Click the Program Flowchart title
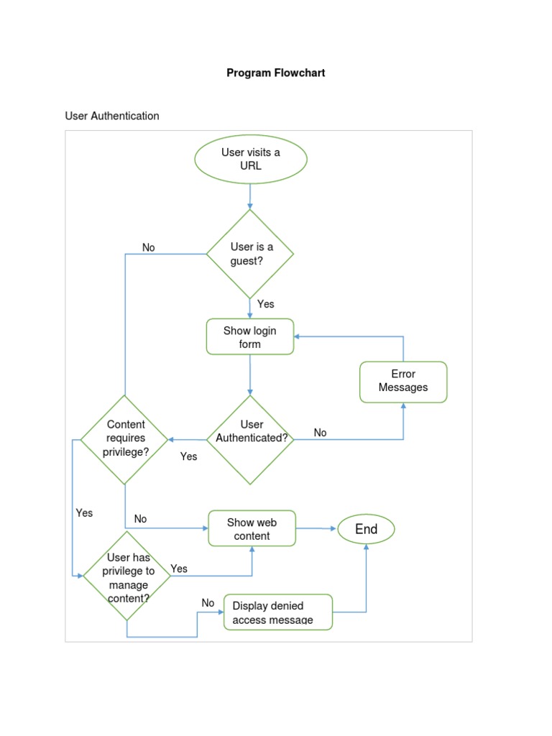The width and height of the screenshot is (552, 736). click(x=276, y=73)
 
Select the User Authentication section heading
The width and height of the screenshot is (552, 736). click(x=112, y=116)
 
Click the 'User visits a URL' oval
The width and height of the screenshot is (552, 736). click(x=251, y=159)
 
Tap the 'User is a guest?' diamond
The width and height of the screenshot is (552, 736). click(x=250, y=254)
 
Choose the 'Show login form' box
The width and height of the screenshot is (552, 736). click(x=250, y=337)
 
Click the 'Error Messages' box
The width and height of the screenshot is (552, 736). click(x=403, y=381)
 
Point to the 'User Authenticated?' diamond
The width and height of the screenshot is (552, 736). click(x=250, y=438)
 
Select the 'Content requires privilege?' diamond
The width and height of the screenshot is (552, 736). click(x=125, y=438)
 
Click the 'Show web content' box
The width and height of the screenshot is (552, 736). click(x=252, y=529)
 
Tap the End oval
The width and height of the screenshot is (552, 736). click(x=366, y=530)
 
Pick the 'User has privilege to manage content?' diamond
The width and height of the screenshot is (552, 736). click(x=128, y=577)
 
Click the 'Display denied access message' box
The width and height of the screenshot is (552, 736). click(x=278, y=612)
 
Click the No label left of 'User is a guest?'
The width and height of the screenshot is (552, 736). click(x=148, y=247)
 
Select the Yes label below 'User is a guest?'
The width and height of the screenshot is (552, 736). click(x=266, y=304)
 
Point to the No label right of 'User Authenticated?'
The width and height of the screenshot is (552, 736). click(x=320, y=433)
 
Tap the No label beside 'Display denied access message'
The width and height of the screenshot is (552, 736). click(x=208, y=603)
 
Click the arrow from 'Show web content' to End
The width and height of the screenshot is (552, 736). click(x=316, y=528)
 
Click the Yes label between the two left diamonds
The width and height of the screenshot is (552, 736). click(x=84, y=513)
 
